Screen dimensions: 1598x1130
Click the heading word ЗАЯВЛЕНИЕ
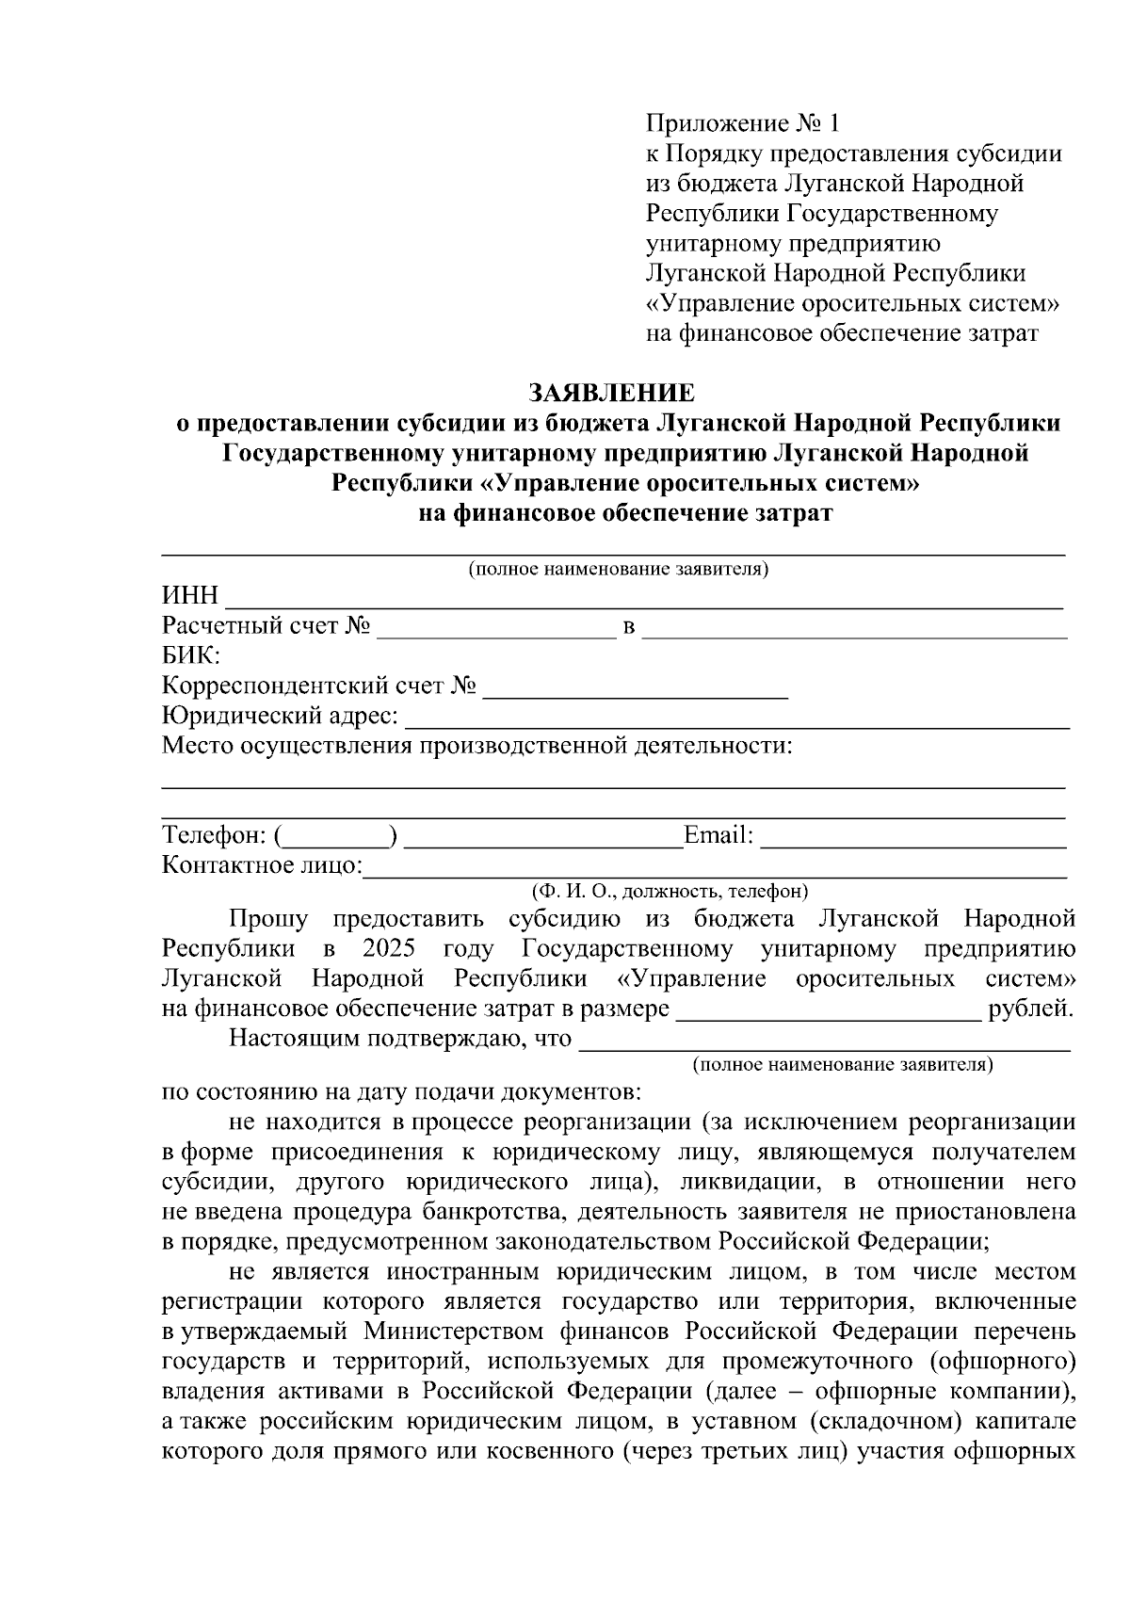click(x=611, y=392)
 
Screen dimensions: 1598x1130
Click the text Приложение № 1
click(x=741, y=123)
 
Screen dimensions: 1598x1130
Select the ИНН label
click(x=190, y=596)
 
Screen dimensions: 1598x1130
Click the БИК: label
click(x=191, y=655)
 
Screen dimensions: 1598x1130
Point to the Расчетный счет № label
click(x=266, y=626)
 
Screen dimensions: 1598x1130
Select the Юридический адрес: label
click(x=280, y=717)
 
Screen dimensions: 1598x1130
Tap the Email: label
click(x=718, y=835)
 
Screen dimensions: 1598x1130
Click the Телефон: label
click(x=216, y=835)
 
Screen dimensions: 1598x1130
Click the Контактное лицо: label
click(x=262, y=865)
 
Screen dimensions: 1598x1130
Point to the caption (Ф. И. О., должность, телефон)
click(x=670, y=891)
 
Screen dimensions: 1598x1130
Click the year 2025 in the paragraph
click(x=387, y=948)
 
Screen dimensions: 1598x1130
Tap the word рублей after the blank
click(x=1030, y=1009)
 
